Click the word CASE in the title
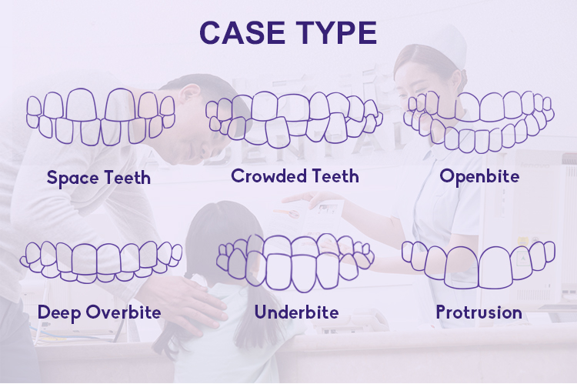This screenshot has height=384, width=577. pos(242,32)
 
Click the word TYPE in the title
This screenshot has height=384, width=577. pos(336,32)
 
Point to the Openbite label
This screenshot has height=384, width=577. pos(479,176)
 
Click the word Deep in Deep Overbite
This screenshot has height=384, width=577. pos(59,312)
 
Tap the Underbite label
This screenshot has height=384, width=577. pos(297,312)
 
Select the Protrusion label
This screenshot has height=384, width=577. pos(479,312)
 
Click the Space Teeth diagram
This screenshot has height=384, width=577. pos(101,116)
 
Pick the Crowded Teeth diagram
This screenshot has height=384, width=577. pos(294,119)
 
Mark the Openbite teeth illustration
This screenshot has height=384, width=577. pos(479,122)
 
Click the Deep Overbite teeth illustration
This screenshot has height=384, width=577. pos(101,262)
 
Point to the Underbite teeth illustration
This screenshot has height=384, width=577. pos(295,262)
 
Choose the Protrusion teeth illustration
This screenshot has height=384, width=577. pos(479,265)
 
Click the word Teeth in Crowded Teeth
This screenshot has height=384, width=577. pos(334,175)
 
